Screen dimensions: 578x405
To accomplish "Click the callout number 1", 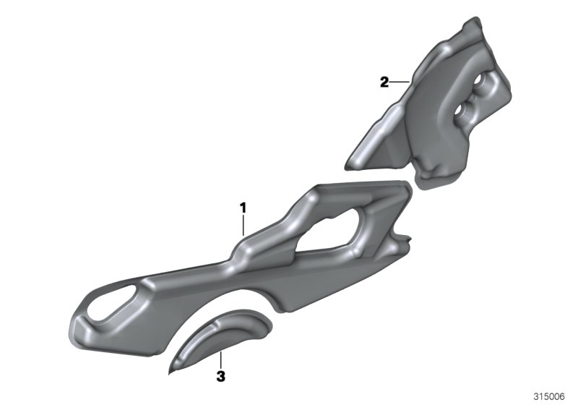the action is [x=243, y=208].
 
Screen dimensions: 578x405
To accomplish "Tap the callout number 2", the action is [x=384, y=82].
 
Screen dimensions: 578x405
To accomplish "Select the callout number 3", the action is [x=221, y=377].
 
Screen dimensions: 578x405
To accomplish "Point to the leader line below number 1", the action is [x=243, y=226].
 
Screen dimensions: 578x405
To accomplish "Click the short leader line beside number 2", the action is [x=400, y=82].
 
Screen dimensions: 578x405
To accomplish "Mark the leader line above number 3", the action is [x=220, y=361].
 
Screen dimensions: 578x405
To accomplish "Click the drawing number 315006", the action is [x=549, y=396].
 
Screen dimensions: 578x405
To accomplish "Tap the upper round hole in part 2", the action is [x=478, y=80].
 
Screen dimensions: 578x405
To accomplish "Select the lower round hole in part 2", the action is [x=460, y=109].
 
